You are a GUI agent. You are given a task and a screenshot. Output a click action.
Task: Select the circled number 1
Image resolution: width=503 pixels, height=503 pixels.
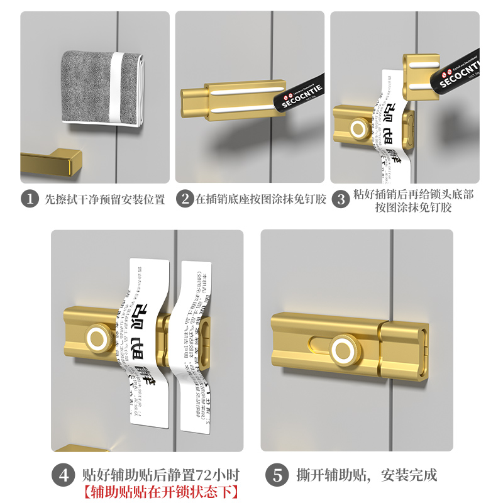point(30,199)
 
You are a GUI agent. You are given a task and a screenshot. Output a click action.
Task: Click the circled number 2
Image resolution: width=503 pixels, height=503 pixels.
point(185,199)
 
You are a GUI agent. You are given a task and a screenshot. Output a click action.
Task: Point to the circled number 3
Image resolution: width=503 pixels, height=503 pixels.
point(340,200)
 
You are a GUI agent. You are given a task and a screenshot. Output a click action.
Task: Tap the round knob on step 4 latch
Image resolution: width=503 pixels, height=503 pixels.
point(99,338)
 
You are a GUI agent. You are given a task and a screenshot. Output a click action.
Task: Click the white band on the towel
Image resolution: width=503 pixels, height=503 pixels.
point(116,88)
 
